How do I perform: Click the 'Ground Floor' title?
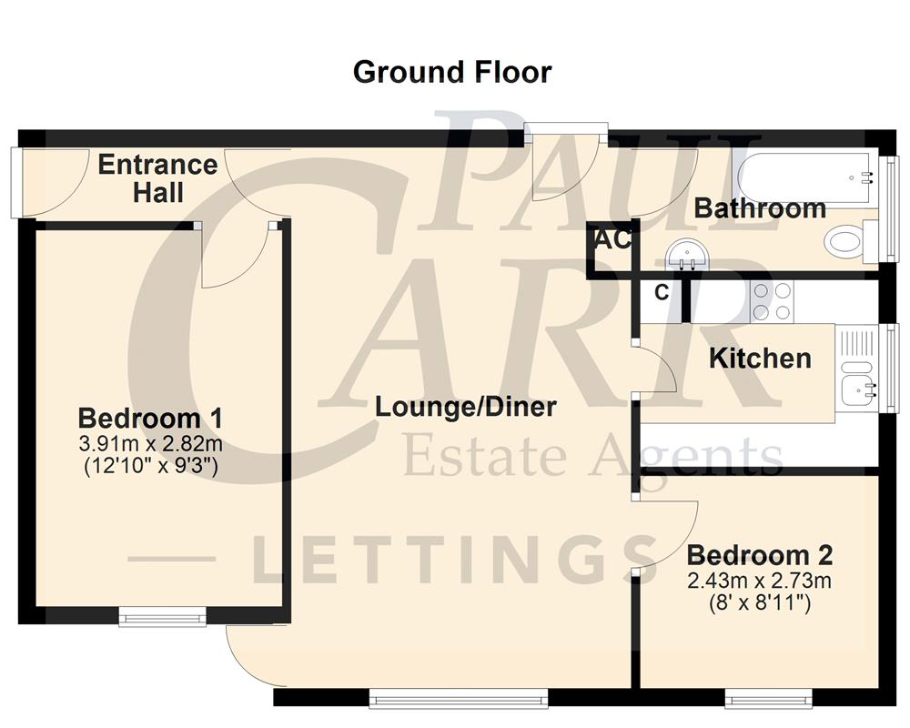click(x=451, y=72)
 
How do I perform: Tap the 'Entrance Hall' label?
click(x=157, y=178)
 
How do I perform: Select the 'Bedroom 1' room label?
click(x=150, y=419)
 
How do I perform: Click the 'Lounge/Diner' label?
click(x=466, y=407)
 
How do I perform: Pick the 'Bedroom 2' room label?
click(x=759, y=555)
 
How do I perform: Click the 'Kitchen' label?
click(x=760, y=358)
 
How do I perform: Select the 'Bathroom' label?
click(x=760, y=208)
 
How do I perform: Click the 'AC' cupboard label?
click(x=612, y=241)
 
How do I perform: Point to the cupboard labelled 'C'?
click(x=662, y=293)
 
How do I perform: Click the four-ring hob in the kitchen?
click(x=773, y=302)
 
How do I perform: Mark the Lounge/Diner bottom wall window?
click(x=459, y=699)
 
